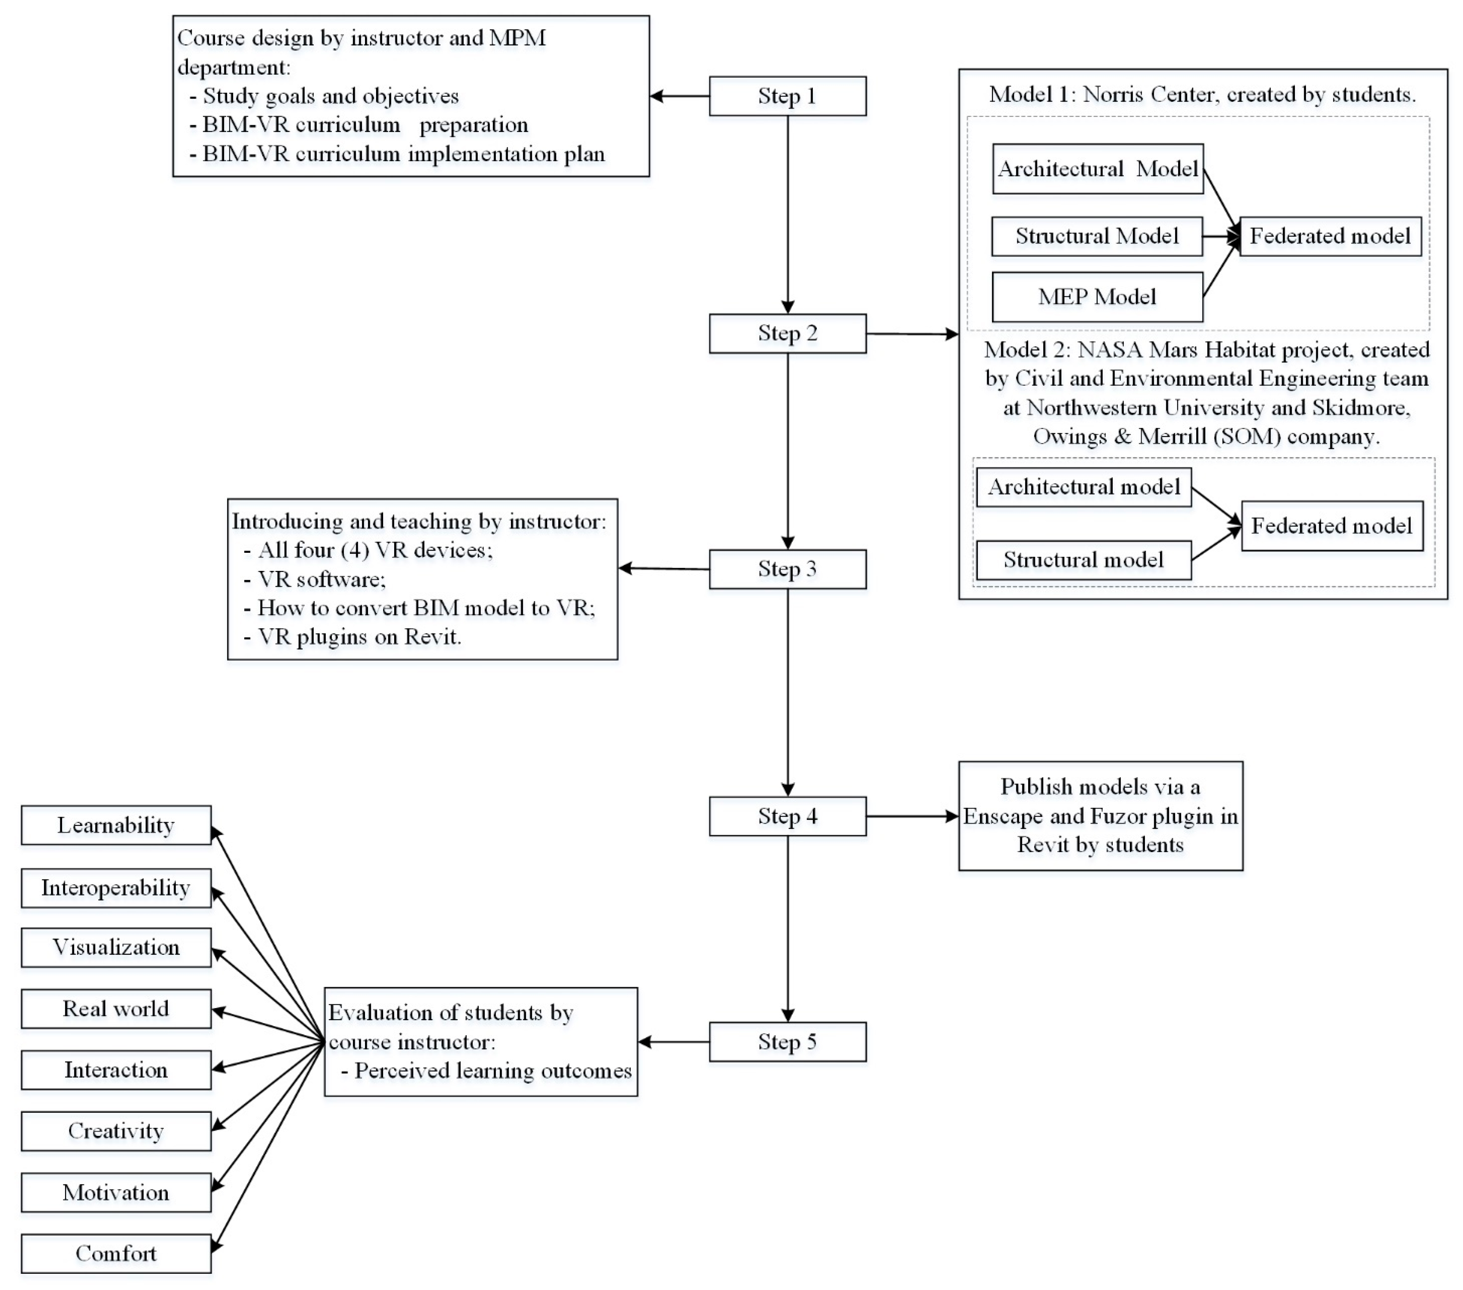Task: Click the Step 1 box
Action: [x=787, y=96]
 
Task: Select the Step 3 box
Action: [x=787, y=569]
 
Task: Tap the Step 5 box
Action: [x=787, y=1042]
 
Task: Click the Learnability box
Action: [x=116, y=826]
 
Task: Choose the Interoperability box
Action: [x=116, y=888]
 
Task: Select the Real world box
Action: [x=116, y=1009]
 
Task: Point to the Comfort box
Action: [x=116, y=1253]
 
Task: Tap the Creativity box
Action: [x=116, y=1131]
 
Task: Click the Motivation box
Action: [x=116, y=1193]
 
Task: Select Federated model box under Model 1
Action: [x=1330, y=236]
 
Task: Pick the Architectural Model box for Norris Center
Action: [x=1097, y=169]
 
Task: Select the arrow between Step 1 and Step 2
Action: [x=787, y=215]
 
